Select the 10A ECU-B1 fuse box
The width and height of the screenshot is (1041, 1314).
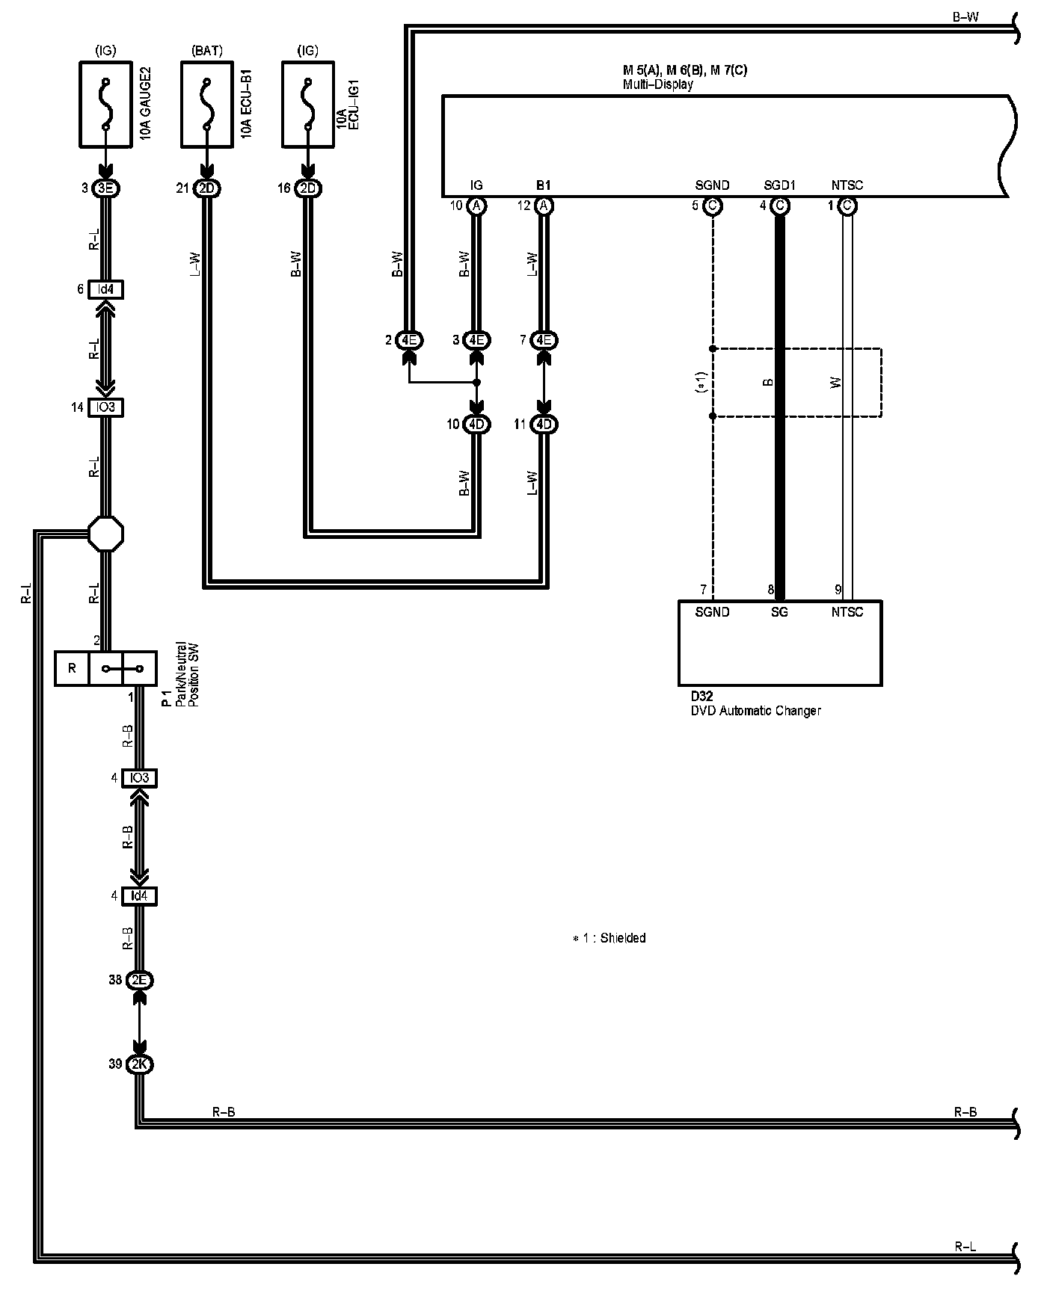pos(207,104)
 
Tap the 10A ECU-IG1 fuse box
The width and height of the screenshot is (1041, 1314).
pos(307,104)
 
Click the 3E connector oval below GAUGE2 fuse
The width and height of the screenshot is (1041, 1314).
pos(105,188)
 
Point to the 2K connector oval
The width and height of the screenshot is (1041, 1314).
pos(139,1064)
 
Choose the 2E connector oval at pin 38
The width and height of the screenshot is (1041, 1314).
pos(139,980)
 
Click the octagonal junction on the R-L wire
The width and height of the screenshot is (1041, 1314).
pos(105,534)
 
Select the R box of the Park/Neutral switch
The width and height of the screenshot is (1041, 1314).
pos(72,668)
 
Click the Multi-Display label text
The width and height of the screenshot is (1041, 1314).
pos(658,84)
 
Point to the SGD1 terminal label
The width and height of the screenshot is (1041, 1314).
pos(779,185)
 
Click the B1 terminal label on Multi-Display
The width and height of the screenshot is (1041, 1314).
pos(544,185)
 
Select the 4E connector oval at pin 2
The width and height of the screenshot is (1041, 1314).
pos(409,340)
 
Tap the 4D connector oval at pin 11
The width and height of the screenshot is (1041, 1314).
pos(544,425)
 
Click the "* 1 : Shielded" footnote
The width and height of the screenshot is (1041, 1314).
pos(609,938)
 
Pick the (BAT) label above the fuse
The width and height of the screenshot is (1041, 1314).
pos(207,51)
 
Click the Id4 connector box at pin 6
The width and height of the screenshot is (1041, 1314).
pos(105,289)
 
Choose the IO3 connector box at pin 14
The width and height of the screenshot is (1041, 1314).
pos(105,407)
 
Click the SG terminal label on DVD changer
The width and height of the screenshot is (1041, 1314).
pos(779,612)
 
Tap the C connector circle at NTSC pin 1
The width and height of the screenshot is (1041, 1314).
pos(847,206)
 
